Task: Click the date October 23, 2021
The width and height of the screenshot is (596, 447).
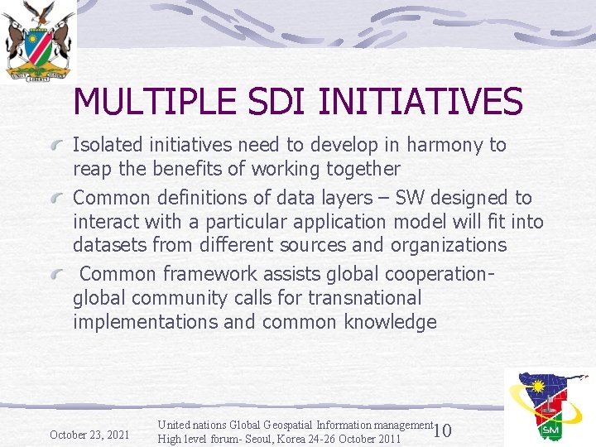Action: point(89,435)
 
